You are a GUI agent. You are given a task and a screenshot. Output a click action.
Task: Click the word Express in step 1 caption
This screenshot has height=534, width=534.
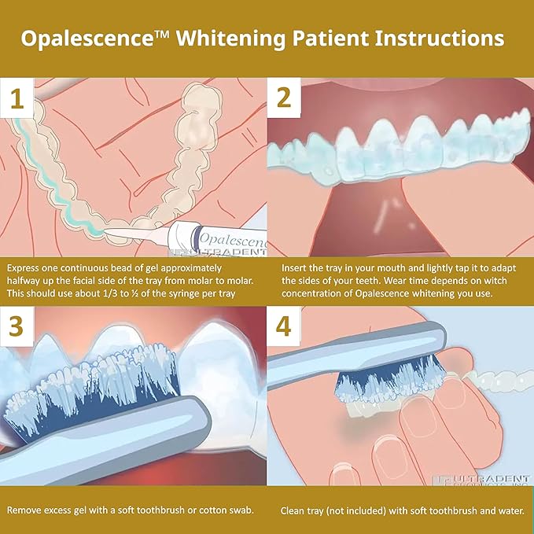coord(26,267)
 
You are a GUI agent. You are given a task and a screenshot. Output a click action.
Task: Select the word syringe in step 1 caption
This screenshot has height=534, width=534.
coord(199,293)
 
